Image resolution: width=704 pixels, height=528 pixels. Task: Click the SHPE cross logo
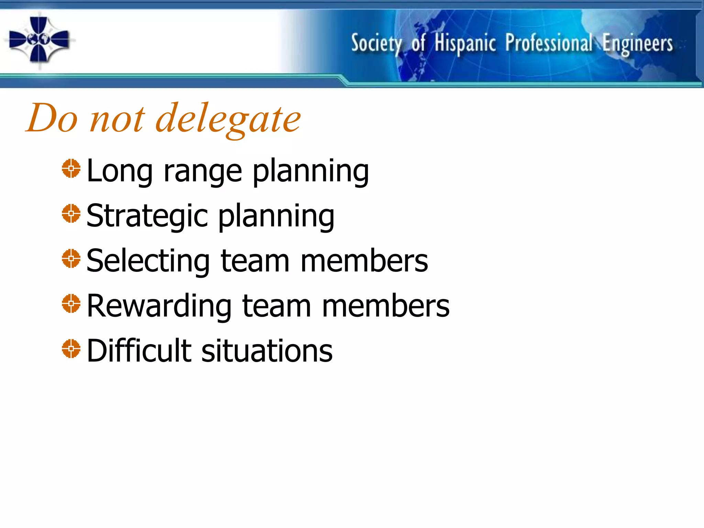coord(39,40)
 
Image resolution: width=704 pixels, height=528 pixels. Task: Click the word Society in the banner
coord(376,44)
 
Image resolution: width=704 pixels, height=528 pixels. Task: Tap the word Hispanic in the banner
coord(465,44)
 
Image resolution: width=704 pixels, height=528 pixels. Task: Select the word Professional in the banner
coord(549,43)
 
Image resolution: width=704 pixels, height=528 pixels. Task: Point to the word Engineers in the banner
coord(638,44)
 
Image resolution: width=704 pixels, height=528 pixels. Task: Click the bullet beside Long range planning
coord(71,168)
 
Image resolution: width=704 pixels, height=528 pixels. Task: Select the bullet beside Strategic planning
coord(71,213)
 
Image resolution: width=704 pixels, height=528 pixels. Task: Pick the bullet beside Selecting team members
coord(71,258)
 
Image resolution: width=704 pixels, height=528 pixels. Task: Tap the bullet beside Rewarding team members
coord(71,304)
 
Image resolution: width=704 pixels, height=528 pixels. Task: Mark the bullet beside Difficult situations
coord(71,349)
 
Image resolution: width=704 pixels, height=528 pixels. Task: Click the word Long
coord(120,171)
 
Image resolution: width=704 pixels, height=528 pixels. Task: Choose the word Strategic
coord(147,216)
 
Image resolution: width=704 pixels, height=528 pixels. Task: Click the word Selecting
coord(148,261)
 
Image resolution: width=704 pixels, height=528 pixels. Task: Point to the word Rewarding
coord(159,306)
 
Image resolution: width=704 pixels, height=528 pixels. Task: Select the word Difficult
coord(139,351)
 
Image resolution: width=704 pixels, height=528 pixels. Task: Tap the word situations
coord(267,351)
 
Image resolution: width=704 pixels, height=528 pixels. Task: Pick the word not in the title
coord(117,119)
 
